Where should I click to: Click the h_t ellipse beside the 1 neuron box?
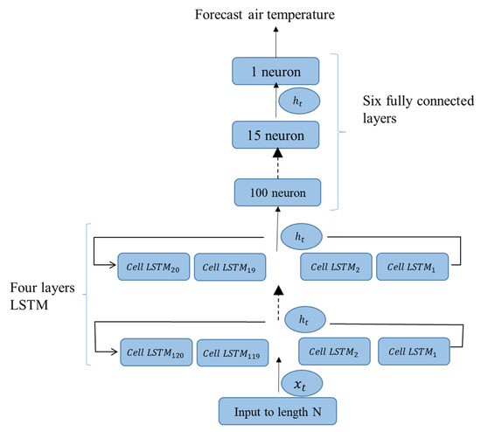click(300, 101)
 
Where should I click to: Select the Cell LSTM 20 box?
click(152, 267)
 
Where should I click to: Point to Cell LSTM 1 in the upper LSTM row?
click(411, 267)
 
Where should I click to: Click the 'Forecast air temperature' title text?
click(277, 14)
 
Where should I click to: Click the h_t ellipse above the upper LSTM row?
click(301, 237)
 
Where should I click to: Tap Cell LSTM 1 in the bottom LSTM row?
click(411, 350)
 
